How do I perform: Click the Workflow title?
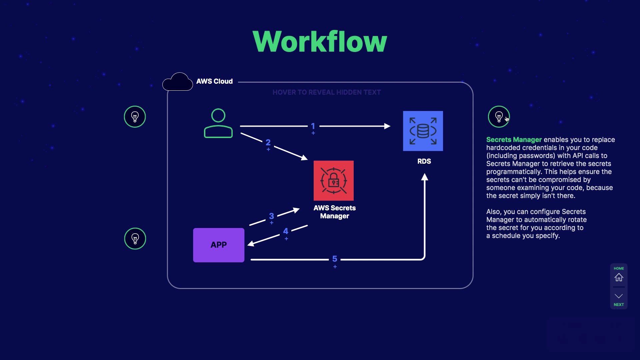click(x=320, y=42)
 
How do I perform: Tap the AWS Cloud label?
click(x=214, y=81)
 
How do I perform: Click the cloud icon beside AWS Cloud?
click(x=178, y=82)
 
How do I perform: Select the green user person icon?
click(x=218, y=123)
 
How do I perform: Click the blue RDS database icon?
click(x=423, y=131)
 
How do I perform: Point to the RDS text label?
click(x=424, y=161)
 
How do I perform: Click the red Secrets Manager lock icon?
click(x=333, y=181)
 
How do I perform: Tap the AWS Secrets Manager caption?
click(x=334, y=212)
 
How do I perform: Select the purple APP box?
click(x=219, y=245)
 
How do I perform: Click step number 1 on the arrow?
click(x=313, y=126)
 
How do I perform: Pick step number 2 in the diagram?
click(x=268, y=143)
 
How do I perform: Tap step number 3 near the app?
click(x=271, y=216)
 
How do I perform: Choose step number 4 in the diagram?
click(x=286, y=231)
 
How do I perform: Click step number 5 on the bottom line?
click(x=335, y=259)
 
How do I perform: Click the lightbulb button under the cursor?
click(x=499, y=117)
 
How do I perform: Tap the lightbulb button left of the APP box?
click(x=135, y=239)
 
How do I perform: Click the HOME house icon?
click(x=619, y=277)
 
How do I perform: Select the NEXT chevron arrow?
click(x=619, y=296)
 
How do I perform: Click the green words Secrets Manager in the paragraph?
click(x=514, y=140)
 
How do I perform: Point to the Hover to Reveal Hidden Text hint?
click(x=326, y=92)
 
